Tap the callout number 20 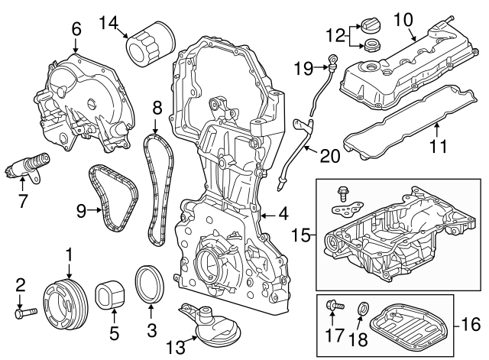coord(329,156)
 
